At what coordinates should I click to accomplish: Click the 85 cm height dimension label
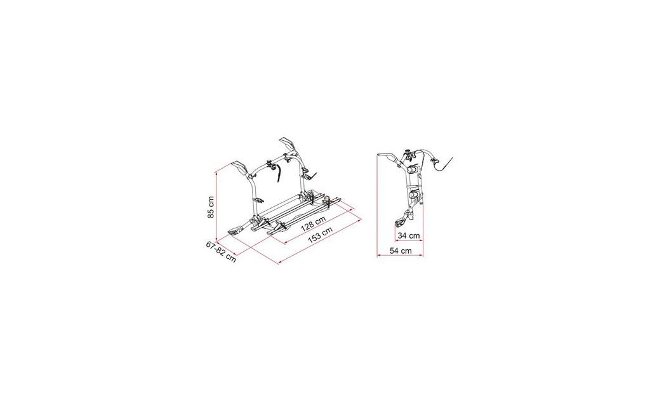(x=211, y=207)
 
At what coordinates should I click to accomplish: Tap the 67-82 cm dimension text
(x=222, y=251)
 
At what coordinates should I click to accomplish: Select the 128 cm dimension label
(x=313, y=224)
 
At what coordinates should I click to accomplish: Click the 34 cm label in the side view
(x=409, y=236)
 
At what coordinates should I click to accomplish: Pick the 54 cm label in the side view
(x=401, y=251)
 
